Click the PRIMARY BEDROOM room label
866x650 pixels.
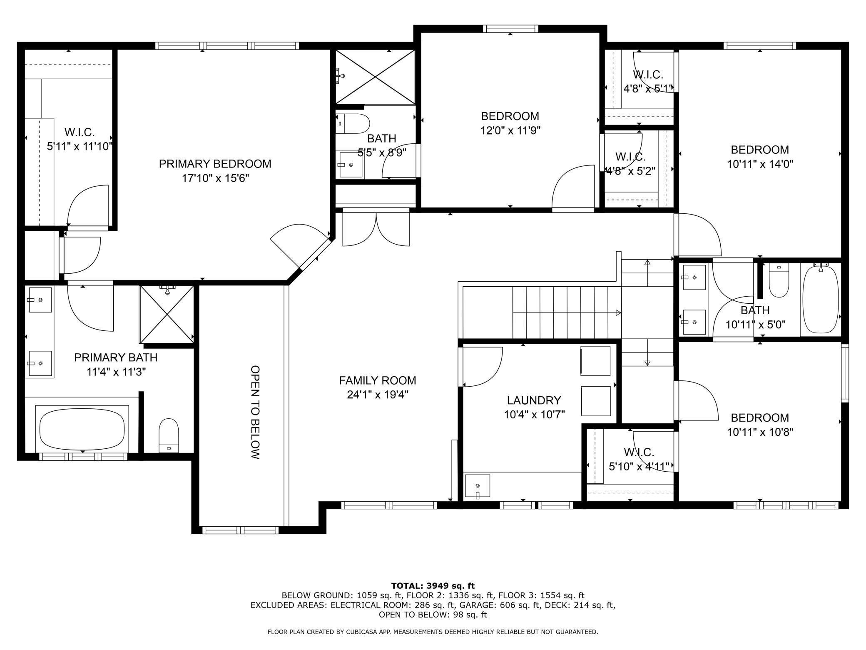pyautogui.click(x=215, y=164)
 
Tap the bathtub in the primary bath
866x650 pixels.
pyautogui.click(x=82, y=429)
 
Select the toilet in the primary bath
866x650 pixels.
pyautogui.click(x=169, y=435)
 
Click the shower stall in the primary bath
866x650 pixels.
pyautogui.click(x=167, y=314)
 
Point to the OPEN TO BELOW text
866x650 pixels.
pyautogui.click(x=255, y=412)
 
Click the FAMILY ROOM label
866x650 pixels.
pyautogui.click(x=377, y=380)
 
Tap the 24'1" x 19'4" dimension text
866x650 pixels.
pyautogui.click(x=377, y=395)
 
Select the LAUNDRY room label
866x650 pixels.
pyautogui.click(x=534, y=400)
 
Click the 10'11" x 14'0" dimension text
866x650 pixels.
pyautogui.click(x=760, y=164)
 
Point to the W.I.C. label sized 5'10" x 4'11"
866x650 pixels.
pyautogui.click(x=639, y=452)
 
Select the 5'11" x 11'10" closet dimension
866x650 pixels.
pyautogui.click(x=80, y=147)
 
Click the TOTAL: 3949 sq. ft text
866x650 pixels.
pyautogui.click(x=433, y=586)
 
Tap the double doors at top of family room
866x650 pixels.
pyautogui.click(x=376, y=229)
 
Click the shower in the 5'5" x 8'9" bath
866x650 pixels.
pyautogui.click(x=375, y=77)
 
